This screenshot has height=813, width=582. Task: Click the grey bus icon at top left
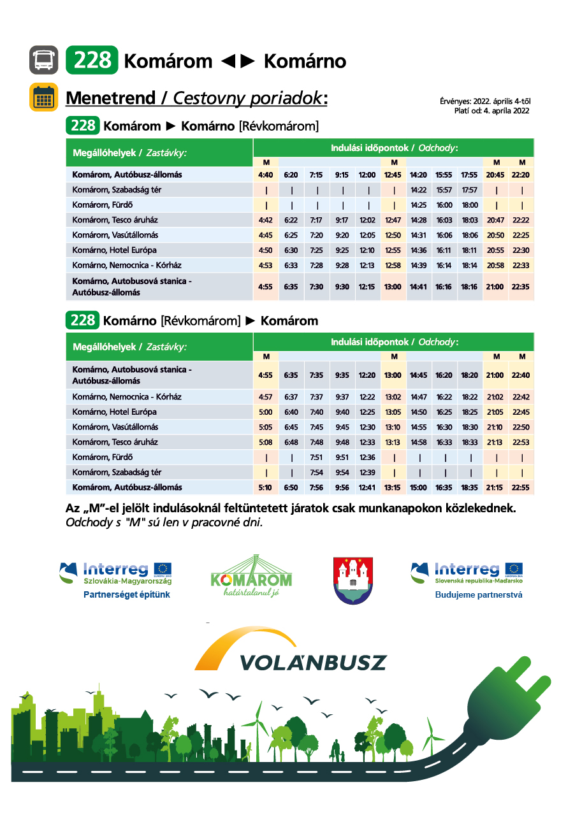click(x=43, y=61)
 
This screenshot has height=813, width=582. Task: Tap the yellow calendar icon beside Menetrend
click(x=43, y=97)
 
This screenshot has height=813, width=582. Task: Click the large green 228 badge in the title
click(x=92, y=61)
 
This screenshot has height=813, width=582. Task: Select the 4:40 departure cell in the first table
click(x=266, y=175)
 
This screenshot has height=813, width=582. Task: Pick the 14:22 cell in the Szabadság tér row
click(x=419, y=190)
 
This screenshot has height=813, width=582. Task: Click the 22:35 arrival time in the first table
click(x=521, y=287)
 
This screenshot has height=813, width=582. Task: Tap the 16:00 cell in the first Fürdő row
click(x=444, y=205)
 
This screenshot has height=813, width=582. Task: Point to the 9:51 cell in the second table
click(x=342, y=457)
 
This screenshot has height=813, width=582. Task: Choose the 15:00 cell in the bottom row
click(x=419, y=487)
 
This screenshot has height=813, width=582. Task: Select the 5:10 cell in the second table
click(x=266, y=487)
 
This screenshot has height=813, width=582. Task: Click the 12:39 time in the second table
click(x=367, y=472)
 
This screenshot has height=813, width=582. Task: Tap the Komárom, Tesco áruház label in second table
click(x=115, y=442)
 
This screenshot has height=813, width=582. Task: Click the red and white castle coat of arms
click(x=353, y=580)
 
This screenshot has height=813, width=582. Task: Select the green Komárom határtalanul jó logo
click(x=251, y=577)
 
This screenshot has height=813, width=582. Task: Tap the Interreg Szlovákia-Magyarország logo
click(x=116, y=573)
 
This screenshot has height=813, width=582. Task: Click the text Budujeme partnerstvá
click(x=479, y=595)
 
